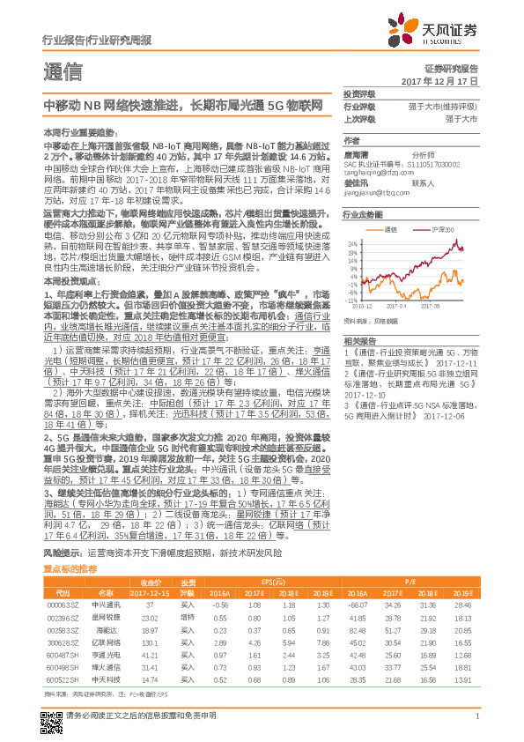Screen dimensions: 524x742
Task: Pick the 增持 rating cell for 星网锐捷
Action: point(187,617)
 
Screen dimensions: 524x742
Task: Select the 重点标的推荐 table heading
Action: point(70,571)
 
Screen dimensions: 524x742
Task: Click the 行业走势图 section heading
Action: point(363,214)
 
